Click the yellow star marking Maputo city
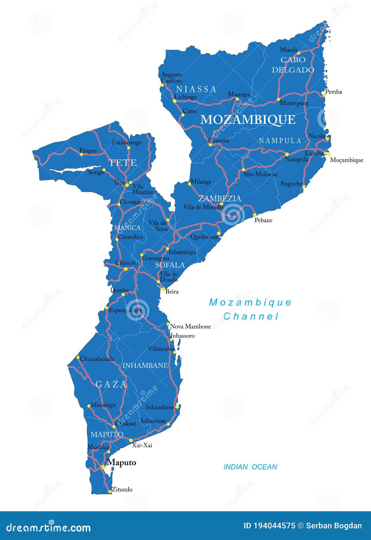click(102, 467)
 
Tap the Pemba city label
click(333, 92)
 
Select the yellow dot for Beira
click(163, 289)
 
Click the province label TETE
click(123, 163)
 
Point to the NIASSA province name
click(196, 89)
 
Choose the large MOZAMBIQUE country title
click(248, 120)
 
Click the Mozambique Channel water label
click(250, 309)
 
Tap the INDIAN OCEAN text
click(250, 467)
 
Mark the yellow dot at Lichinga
click(175, 101)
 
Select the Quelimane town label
click(204, 237)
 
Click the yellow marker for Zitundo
click(110, 491)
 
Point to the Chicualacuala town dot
click(78, 357)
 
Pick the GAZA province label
click(111, 384)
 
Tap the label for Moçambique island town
click(346, 160)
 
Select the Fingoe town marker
click(81, 154)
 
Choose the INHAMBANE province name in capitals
click(145, 365)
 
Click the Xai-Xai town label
click(142, 445)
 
